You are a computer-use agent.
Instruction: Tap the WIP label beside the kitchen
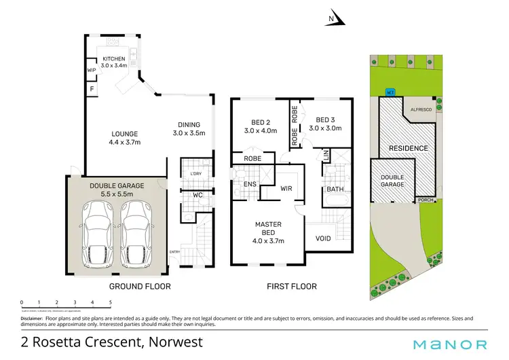pyautogui.click(x=90, y=70)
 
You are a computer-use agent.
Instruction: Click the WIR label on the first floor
pyautogui.click(x=286, y=189)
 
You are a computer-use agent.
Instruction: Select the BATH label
pyautogui.click(x=335, y=190)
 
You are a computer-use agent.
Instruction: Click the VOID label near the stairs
pyautogui.click(x=323, y=238)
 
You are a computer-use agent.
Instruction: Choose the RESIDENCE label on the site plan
pyautogui.click(x=407, y=148)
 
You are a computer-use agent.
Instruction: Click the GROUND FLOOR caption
pyautogui.click(x=140, y=287)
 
